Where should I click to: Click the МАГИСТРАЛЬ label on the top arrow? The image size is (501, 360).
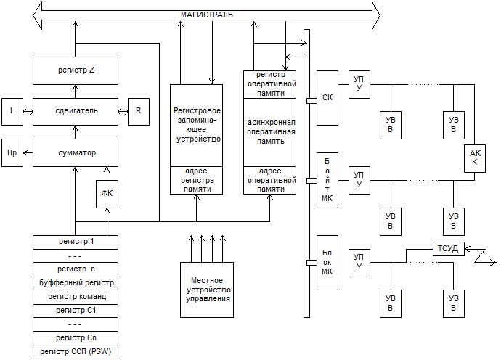207,15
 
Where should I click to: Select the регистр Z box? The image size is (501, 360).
76,70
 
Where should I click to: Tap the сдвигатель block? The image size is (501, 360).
76,111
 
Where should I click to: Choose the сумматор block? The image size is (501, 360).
76,152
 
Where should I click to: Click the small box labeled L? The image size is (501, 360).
12,111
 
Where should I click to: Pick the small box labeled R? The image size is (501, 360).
139,111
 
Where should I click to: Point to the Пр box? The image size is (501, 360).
12,152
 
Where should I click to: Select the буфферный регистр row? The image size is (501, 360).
76,282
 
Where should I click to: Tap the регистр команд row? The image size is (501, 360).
76,296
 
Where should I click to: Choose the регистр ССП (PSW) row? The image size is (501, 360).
76,352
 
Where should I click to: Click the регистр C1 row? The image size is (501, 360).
76,310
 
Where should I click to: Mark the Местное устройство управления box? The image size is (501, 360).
207,290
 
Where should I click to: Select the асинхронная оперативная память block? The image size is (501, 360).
269,132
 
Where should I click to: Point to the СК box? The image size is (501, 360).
327,98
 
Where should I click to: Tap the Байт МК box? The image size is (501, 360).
327,180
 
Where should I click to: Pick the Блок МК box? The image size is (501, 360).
327,262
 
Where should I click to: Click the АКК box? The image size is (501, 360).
476,158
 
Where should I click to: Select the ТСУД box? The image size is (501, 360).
448,248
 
